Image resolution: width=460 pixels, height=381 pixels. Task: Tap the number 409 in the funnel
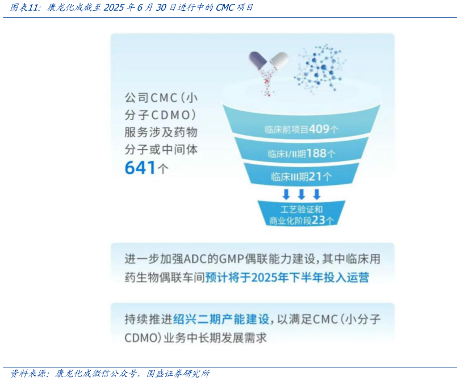tap(319, 129)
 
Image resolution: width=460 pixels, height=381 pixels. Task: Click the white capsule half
tap(279, 59)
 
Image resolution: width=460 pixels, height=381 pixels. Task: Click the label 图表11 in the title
tap(23, 7)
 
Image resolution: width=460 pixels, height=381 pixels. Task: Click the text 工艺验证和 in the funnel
tap(301, 209)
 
